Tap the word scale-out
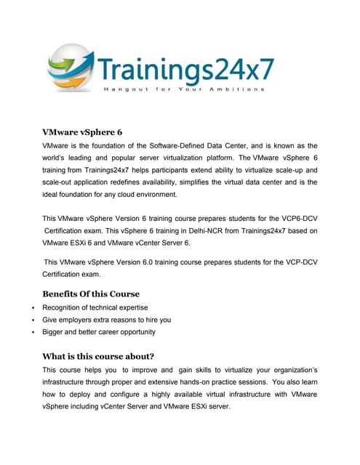(60, 182)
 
